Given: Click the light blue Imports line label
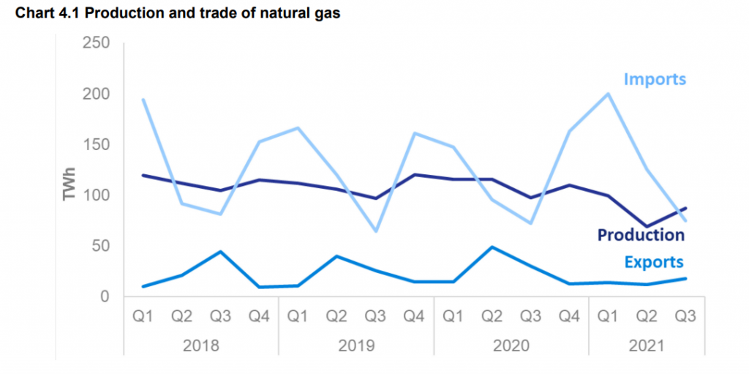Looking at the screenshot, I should point(655,78).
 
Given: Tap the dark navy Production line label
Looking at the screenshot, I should point(641,234).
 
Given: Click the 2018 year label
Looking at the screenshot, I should point(201,344).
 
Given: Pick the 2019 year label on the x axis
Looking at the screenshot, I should point(355,344).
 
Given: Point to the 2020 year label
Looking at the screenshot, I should point(511,344).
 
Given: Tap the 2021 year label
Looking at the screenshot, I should point(647,344).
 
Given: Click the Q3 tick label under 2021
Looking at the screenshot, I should point(685,318).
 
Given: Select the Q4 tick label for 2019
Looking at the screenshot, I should point(414,318).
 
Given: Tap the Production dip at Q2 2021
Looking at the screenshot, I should point(647,227).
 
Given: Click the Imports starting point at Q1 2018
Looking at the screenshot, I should point(143,100).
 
